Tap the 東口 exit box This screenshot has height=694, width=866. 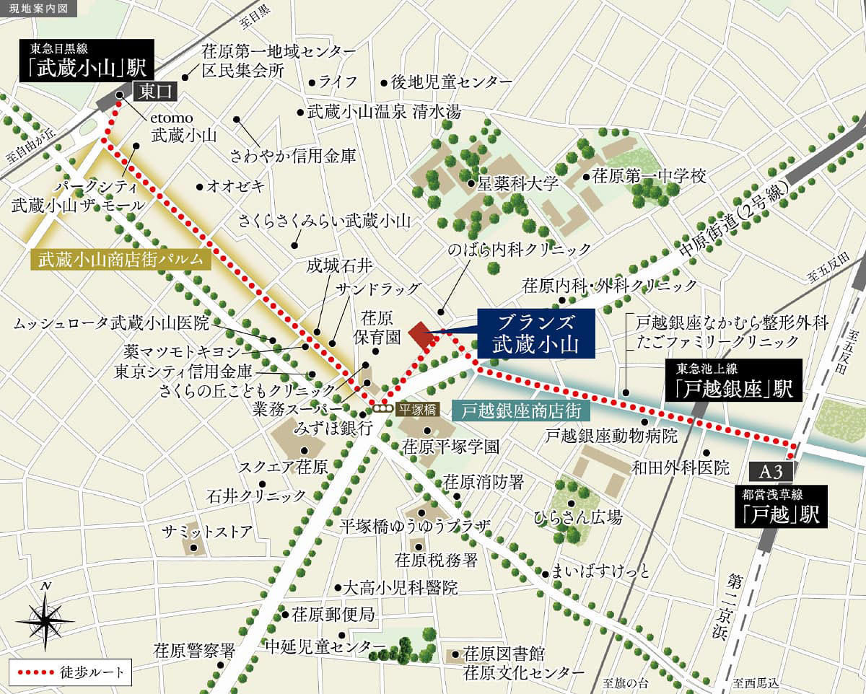coord(153,91)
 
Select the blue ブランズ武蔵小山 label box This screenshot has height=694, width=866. coord(535,334)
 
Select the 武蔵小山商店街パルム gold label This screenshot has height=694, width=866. coord(121,260)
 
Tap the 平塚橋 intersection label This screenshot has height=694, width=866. coord(414,408)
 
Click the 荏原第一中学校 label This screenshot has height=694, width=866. coord(648,175)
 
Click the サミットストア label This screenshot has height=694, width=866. coord(207,532)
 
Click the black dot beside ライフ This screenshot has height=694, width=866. coord(311,82)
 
